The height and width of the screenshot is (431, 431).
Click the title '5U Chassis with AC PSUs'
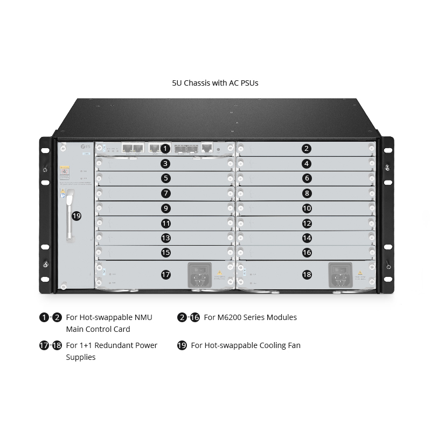215,83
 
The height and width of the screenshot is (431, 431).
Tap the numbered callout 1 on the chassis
166,148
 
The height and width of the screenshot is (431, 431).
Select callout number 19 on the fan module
77,215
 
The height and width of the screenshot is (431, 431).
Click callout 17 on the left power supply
166,274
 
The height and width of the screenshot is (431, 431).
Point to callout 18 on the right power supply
307,274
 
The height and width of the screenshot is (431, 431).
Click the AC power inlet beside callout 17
199,274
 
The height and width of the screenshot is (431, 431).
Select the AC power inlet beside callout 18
340,274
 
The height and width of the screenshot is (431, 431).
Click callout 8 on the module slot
307,193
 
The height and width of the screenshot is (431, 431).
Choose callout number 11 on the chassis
166,223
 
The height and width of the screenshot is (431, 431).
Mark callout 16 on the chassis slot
307,252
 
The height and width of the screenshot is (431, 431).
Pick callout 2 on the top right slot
307,148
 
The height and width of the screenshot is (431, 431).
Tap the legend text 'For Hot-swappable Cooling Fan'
246,345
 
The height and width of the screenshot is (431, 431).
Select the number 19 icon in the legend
182,345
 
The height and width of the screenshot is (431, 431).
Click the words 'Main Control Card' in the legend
98,329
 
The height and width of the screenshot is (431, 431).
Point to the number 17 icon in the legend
44,345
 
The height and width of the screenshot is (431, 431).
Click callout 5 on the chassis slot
166,178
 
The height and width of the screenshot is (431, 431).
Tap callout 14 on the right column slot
307,237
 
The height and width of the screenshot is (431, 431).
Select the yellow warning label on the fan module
64,171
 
